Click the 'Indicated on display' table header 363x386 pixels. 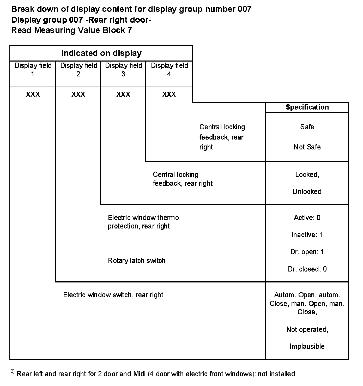tap(101, 53)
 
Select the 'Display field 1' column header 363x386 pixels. tap(33, 70)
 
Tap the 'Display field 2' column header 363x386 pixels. tap(78, 70)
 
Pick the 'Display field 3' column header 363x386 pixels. tap(123, 70)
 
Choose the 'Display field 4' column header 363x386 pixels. tap(169, 70)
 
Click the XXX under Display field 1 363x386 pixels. tap(33, 94)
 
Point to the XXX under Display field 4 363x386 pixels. tap(169, 94)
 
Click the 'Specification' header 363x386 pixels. tap(307, 107)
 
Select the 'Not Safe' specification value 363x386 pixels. tap(307, 147)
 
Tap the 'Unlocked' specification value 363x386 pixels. tap(307, 192)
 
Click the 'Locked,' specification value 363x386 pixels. tap(307, 174)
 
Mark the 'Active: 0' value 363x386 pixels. tap(307, 218)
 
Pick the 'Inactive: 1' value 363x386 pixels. tap(307, 235)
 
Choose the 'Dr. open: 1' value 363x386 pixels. tap(307, 252)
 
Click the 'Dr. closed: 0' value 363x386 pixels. tap(307, 269)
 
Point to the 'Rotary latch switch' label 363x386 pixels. tap(136, 261)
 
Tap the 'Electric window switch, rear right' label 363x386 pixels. tap(113, 295)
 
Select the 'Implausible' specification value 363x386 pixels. tap(307, 346)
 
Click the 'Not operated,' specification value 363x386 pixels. tap(307, 329)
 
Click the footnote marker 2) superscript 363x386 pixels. tap(13, 371)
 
